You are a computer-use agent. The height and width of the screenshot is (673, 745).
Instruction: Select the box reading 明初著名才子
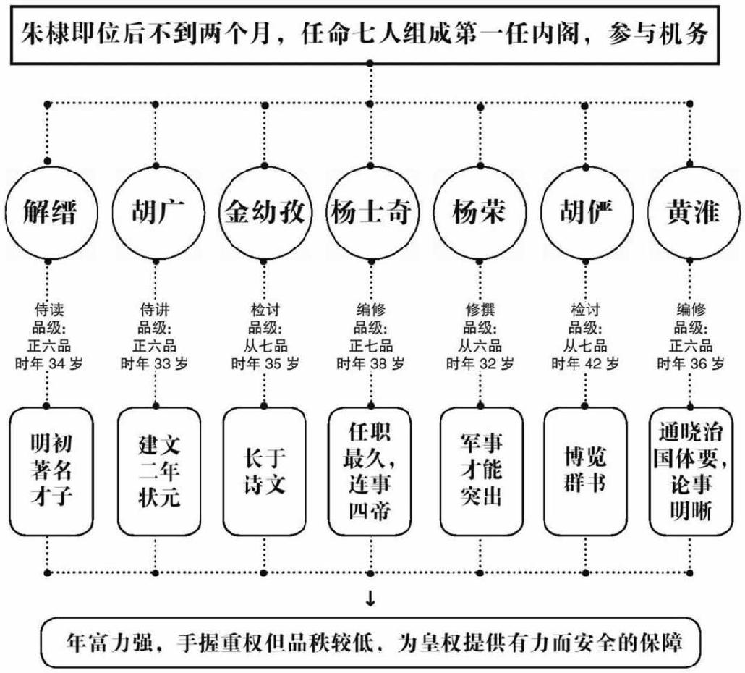51,471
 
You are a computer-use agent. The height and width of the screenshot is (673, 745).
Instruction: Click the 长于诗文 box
263,471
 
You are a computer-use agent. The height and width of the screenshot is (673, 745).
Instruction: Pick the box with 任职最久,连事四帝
370,471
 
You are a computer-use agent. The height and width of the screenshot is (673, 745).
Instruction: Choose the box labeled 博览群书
585,471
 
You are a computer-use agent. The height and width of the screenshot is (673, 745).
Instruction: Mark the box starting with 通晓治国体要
692,471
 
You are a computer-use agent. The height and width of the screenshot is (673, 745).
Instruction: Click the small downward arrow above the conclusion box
371,598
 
